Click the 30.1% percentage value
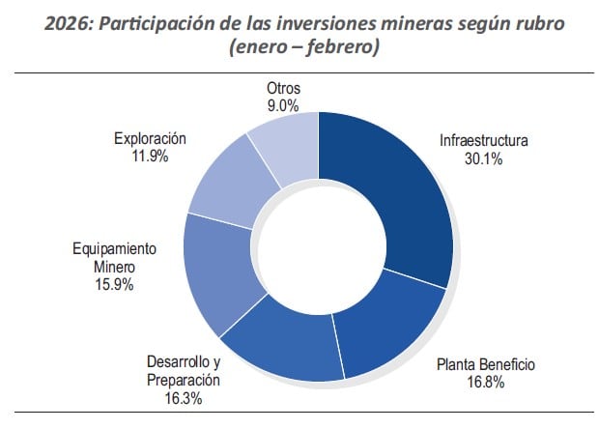(483, 159)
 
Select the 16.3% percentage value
(184, 397)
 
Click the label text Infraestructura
(484, 141)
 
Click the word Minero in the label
(115, 266)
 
